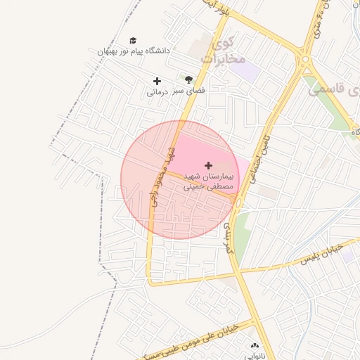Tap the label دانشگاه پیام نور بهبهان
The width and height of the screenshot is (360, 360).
pos(134,51)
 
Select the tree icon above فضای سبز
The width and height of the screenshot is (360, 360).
pos(188,80)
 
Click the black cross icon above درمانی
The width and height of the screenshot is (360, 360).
pos(157,81)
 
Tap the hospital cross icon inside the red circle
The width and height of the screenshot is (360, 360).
pos(208,165)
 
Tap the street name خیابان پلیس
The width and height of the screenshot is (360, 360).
pos(321,254)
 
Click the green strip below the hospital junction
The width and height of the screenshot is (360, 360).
pos(241,236)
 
